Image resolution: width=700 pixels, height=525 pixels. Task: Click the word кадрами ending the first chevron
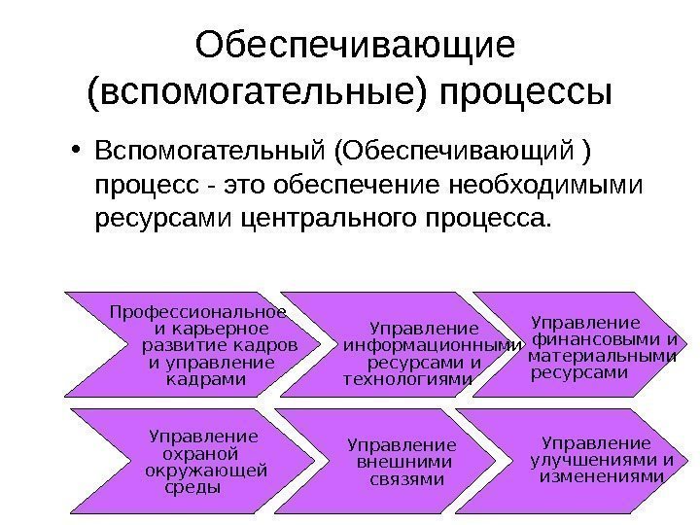click(x=207, y=379)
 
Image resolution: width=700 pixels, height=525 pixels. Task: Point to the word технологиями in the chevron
click(x=407, y=379)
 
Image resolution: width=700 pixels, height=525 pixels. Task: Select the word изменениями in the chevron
click(x=601, y=477)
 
